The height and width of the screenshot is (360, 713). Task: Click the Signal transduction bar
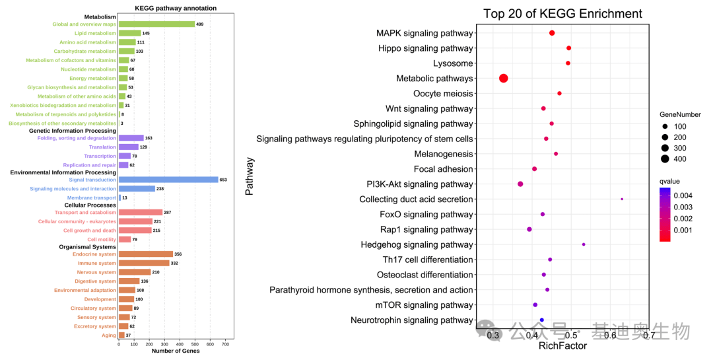(168, 180)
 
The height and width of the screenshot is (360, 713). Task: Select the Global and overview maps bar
(156, 24)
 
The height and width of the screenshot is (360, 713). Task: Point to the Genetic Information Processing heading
(73, 131)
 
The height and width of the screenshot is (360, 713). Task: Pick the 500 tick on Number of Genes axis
(195, 344)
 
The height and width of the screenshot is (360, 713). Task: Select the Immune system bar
(144, 263)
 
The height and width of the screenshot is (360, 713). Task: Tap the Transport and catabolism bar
(140, 213)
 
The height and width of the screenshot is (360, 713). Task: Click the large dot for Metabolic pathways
(504, 78)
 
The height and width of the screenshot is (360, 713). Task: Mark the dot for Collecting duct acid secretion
(622, 199)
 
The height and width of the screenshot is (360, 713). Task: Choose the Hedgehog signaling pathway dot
(584, 244)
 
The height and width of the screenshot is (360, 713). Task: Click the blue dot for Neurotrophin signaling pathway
(542, 320)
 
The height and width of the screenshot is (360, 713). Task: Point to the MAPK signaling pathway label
(424, 33)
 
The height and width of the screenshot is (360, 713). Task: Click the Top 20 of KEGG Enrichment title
(562, 14)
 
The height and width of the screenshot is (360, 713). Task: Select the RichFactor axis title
(562, 345)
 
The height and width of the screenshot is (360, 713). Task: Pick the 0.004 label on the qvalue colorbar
(683, 196)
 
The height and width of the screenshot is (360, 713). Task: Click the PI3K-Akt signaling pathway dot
(520, 184)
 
